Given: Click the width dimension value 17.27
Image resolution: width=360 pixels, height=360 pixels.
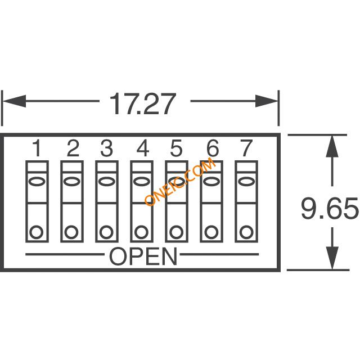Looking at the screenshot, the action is pyautogui.click(x=142, y=103).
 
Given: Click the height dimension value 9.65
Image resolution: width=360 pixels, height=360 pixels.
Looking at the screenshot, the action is pyautogui.click(x=330, y=209).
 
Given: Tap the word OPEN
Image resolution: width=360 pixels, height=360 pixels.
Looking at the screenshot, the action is pyautogui.click(x=143, y=256).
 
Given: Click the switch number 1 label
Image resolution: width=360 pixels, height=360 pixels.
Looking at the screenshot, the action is pyautogui.click(x=37, y=148).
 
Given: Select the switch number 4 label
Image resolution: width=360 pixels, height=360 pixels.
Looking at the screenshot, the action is pyautogui.click(x=143, y=148).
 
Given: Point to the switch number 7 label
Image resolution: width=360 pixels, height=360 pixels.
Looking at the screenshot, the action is pyautogui.click(x=246, y=148).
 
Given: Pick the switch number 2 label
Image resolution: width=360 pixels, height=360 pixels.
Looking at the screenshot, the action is pyautogui.click(x=73, y=148).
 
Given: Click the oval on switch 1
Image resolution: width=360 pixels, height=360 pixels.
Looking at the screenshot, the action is pyautogui.click(x=36, y=181).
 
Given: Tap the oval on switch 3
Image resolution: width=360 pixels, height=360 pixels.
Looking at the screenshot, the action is pyautogui.click(x=106, y=181).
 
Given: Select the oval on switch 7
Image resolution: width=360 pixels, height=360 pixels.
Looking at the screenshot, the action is pyautogui.click(x=246, y=181).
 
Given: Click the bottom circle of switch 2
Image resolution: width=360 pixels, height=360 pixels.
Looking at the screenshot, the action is pyautogui.click(x=71, y=232).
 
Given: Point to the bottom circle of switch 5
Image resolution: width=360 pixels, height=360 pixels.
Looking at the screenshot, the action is pyautogui.click(x=176, y=232).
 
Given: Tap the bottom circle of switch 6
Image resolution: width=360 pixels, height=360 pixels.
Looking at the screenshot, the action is pyautogui.click(x=211, y=232).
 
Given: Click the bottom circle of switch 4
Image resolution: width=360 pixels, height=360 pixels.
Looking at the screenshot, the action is pyautogui.click(x=141, y=232).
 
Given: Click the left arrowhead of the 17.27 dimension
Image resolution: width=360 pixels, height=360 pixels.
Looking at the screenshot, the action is pyautogui.click(x=14, y=101).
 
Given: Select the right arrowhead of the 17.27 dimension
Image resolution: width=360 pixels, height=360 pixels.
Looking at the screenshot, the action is pyautogui.click(x=267, y=101).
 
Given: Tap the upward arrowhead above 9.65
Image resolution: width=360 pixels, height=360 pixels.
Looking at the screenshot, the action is pyautogui.click(x=332, y=146).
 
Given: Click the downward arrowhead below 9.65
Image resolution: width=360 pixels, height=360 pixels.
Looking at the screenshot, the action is pyautogui.click(x=332, y=258).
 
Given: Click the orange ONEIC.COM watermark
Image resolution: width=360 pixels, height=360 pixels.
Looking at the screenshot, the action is pyautogui.click(x=180, y=181).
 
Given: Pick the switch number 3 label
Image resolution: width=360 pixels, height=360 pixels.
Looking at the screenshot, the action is pyautogui.click(x=107, y=148).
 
